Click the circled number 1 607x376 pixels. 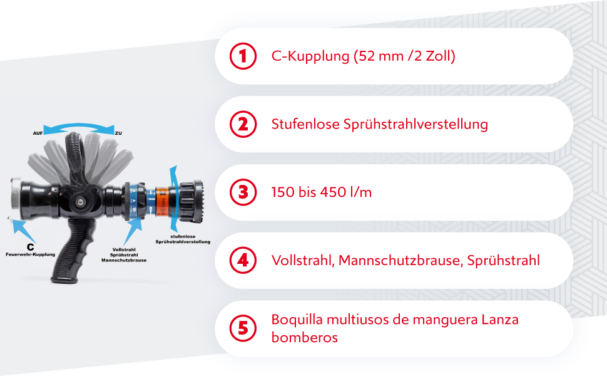tap(243, 56)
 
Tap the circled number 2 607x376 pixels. tap(243, 124)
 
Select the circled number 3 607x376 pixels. tap(243, 192)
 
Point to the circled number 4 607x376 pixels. tap(243, 260)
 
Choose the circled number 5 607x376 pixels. tap(243, 328)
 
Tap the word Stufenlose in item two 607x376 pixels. tap(305, 124)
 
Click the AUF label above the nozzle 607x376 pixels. tap(38, 133)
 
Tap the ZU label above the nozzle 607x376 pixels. tap(118, 133)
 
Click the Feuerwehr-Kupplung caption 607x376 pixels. tap(31, 255)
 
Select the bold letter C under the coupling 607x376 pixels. tap(30, 247)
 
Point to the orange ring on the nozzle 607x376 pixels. tap(161, 201)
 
